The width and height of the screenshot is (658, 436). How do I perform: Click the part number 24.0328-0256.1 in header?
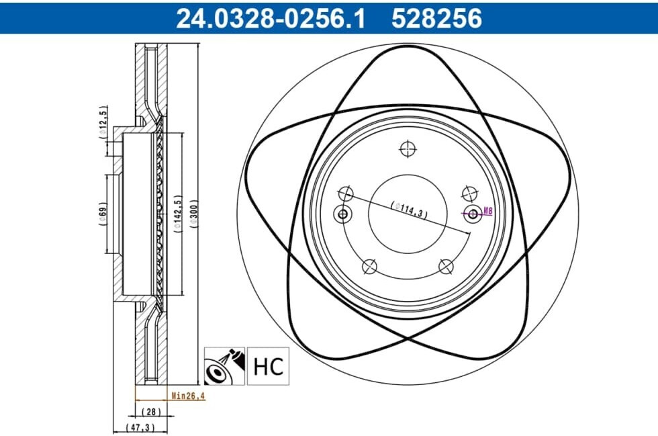click(271, 19)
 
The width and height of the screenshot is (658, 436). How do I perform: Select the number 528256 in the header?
click(437, 19)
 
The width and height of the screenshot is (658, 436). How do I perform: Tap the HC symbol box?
click(268, 366)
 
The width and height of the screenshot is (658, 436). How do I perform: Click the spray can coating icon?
click(224, 366)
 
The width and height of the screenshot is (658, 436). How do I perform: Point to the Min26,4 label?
click(189, 395)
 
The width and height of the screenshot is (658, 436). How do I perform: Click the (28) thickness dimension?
click(151, 412)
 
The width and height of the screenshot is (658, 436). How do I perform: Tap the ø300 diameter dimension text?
click(193, 214)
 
